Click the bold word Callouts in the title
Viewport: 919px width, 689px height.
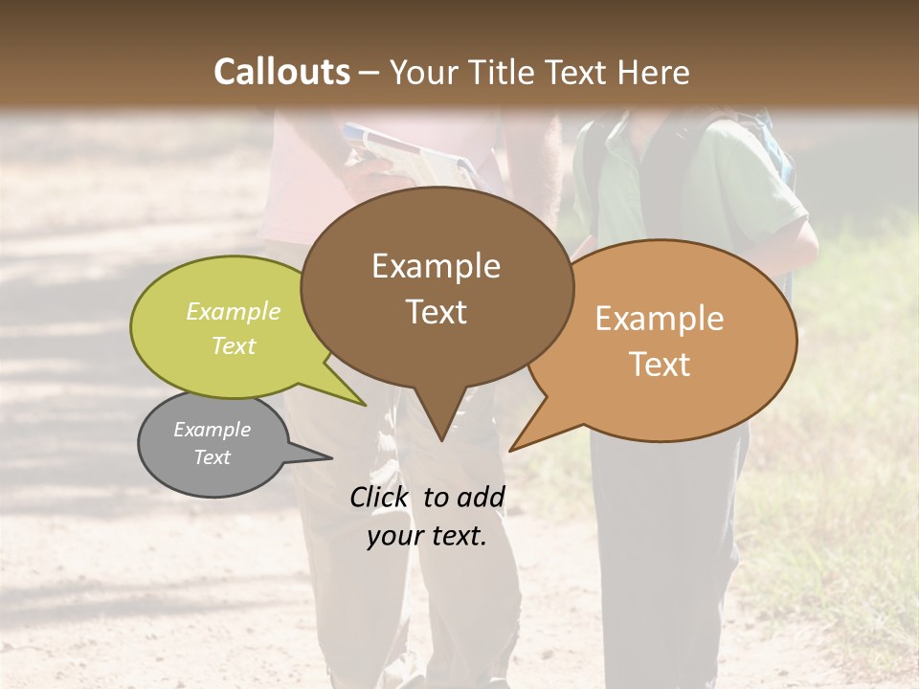click(281, 72)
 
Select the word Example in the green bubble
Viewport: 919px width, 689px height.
click(234, 311)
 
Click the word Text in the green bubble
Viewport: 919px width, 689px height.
click(234, 345)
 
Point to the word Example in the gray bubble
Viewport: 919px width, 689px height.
click(213, 430)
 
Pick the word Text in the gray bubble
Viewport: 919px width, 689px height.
click(213, 457)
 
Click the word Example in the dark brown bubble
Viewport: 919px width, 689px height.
click(437, 265)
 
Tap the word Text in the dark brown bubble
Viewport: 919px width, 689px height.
click(437, 311)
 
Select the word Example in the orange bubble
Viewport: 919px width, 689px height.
click(660, 318)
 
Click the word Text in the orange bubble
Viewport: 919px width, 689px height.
click(660, 364)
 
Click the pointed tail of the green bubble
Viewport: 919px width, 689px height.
click(349, 392)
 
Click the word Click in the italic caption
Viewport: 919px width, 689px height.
click(379, 497)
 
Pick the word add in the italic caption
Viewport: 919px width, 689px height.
click(481, 497)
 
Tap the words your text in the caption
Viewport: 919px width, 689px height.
click(427, 536)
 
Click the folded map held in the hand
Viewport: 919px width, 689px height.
click(407, 153)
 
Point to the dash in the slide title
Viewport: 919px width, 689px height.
click(370, 73)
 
